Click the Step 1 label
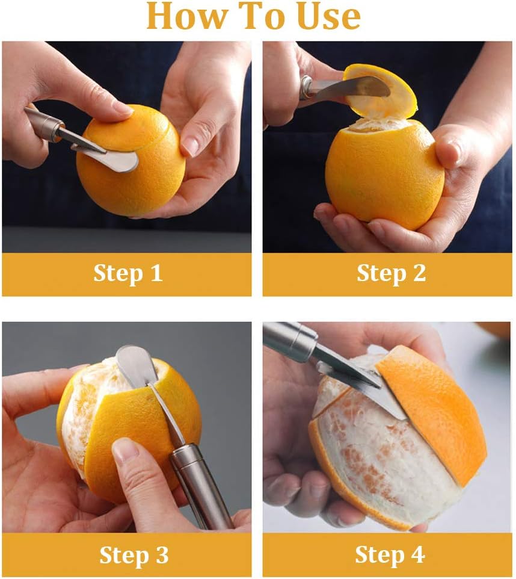click(127, 273)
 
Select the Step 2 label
click(391, 273)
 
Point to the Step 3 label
click(134, 554)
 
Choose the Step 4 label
click(390, 554)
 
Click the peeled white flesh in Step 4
click(373, 457)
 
